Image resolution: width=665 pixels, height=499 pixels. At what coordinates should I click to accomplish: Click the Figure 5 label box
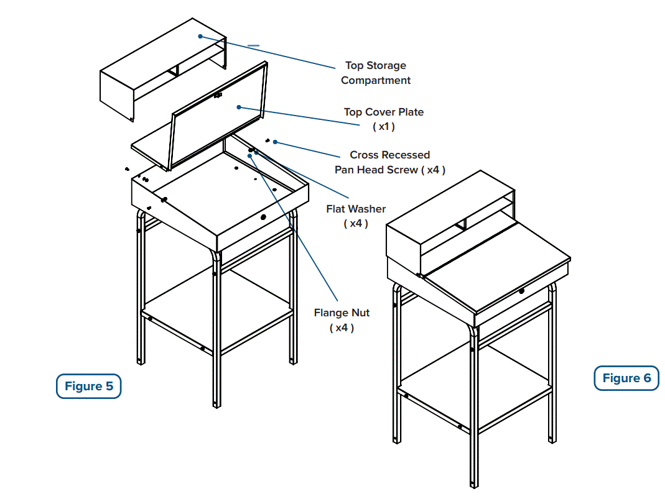(x=88, y=387)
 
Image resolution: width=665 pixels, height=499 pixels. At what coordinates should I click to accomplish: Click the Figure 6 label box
(x=626, y=378)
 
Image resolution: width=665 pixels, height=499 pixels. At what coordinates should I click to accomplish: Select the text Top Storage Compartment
(x=376, y=73)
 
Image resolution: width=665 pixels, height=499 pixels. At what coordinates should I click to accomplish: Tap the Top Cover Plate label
(x=384, y=112)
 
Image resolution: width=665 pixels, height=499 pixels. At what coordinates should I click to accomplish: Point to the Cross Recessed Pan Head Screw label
(x=389, y=162)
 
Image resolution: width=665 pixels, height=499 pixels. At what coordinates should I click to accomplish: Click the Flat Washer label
(x=356, y=209)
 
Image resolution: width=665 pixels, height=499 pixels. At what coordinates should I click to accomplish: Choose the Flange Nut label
(x=342, y=313)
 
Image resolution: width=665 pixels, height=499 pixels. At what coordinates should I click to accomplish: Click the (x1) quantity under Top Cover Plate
(x=384, y=127)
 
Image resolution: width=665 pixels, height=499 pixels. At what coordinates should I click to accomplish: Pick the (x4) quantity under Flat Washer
(x=356, y=224)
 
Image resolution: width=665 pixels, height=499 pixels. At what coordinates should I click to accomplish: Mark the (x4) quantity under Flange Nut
(x=342, y=328)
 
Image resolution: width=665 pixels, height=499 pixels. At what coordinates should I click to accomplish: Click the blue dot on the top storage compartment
(x=200, y=36)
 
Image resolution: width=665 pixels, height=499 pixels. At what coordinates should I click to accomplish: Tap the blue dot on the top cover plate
(x=238, y=107)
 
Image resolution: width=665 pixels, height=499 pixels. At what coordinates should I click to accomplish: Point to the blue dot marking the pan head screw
(x=275, y=142)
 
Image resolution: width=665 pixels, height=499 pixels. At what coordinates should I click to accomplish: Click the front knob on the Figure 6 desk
(x=521, y=291)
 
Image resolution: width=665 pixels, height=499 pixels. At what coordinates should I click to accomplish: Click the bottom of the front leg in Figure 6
(x=473, y=483)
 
